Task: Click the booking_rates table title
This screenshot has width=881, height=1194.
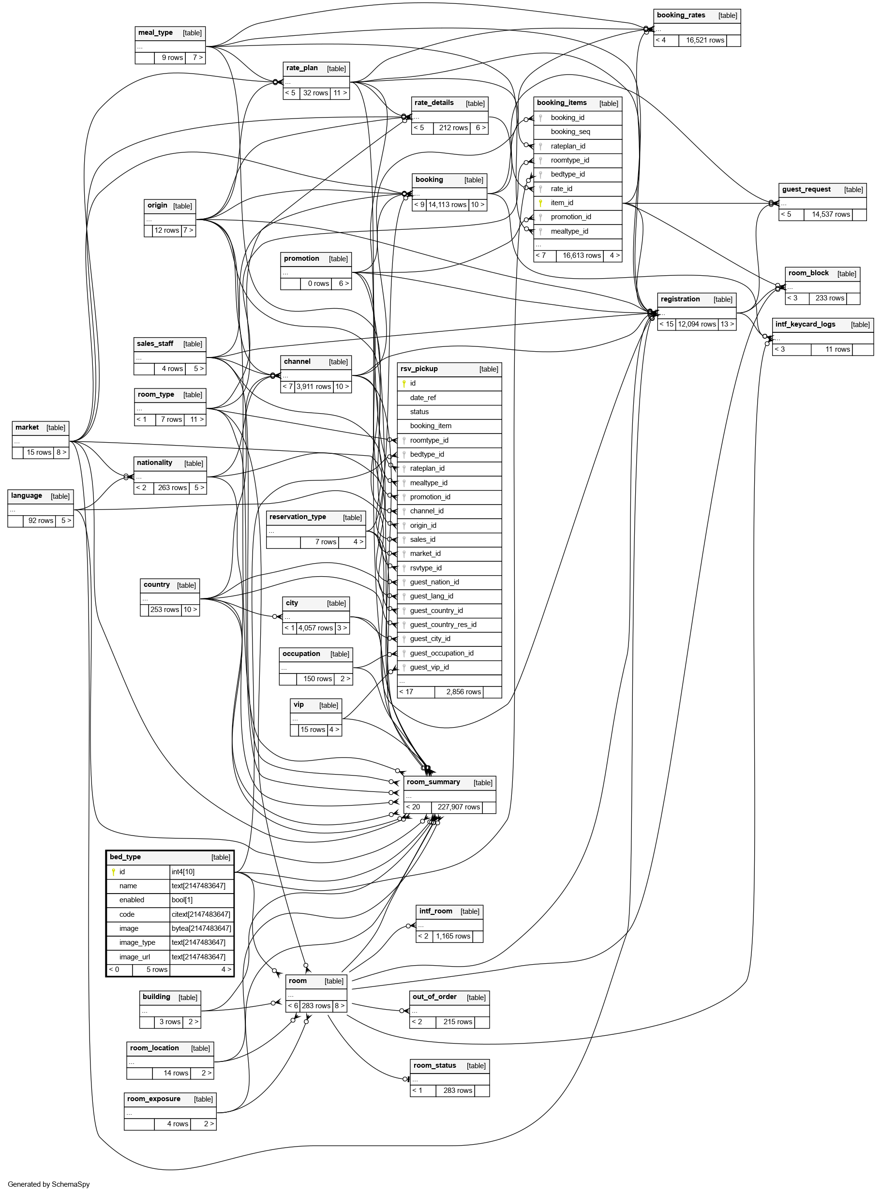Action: (681, 15)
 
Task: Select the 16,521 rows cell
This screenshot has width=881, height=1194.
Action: (704, 41)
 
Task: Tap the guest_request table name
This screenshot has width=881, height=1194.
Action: (806, 189)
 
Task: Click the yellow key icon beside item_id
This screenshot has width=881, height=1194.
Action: (540, 203)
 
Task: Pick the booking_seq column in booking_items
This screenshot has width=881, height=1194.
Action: (570, 132)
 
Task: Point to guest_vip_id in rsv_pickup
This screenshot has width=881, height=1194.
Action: (429, 667)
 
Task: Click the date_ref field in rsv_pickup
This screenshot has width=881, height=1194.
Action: (423, 398)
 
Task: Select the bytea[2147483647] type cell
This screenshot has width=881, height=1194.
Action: (201, 928)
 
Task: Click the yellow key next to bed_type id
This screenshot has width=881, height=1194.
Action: (113, 872)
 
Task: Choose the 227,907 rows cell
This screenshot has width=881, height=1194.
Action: (459, 807)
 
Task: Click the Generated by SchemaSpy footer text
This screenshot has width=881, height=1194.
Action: (48, 1184)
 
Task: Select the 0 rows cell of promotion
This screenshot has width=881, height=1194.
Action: (318, 284)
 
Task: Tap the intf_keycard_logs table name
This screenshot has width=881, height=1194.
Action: (805, 324)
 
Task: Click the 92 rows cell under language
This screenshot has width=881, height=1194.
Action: (41, 521)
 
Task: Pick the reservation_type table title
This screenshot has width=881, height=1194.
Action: (297, 517)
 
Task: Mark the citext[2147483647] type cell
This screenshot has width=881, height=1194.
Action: (201, 914)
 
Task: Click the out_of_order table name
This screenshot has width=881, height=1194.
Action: (434, 997)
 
